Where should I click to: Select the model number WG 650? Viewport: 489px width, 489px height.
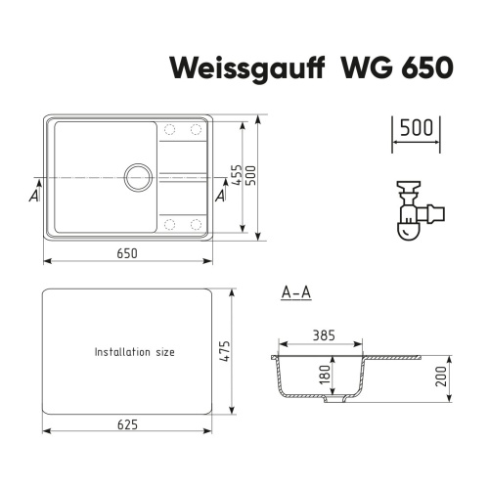click(x=396, y=68)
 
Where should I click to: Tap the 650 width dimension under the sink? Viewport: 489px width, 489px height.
click(x=127, y=252)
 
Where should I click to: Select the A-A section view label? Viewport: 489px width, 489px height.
click(x=295, y=292)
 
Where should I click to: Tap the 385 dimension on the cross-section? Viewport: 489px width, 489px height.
click(x=324, y=334)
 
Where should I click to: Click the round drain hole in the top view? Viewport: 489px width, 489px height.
click(x=138, y=177)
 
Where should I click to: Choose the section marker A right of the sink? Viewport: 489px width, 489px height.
click(x=220, y=196)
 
